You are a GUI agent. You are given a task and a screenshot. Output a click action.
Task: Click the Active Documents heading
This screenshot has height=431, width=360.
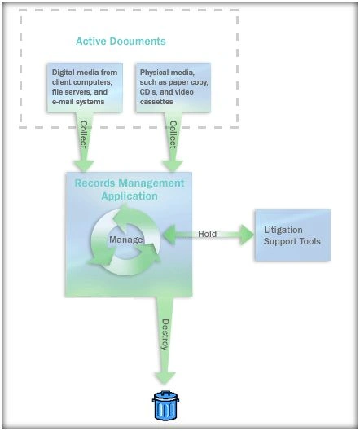(x=121, y=42)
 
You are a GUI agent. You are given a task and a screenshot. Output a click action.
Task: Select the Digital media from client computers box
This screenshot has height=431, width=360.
(x=85, y=87)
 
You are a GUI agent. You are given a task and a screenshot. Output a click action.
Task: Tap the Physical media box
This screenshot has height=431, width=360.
(x=173, y=87)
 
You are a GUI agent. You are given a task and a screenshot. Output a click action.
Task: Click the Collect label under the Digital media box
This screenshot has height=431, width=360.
(x=83, y=134)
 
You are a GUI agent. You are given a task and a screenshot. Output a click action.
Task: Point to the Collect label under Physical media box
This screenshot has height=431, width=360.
(x=173, y=134)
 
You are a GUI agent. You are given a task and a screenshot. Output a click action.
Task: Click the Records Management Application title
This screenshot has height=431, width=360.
(x=130, y=189)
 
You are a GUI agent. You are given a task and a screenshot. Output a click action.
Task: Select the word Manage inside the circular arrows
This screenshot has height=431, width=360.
(x=126, y=240)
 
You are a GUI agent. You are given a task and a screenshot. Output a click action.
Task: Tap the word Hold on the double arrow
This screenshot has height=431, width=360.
(x=207, y=234)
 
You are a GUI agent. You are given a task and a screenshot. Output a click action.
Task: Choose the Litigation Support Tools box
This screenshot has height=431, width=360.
(x=292, y=235)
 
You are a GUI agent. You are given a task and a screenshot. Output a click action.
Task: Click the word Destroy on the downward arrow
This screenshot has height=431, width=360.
(x=165, y=335)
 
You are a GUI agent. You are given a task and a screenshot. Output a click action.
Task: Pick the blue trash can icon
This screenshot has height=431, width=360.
(x=165, y=406)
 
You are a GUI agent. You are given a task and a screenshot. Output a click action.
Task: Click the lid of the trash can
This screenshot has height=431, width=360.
(x=165, y=397)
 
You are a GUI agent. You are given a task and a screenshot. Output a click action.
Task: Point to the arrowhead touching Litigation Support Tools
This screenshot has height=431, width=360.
(x=247, y=235)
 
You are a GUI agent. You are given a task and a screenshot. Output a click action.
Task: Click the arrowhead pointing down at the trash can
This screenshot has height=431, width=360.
(x=165, y=378)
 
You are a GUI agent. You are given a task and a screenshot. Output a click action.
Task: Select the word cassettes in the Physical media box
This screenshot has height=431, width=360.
(x=156, y=102)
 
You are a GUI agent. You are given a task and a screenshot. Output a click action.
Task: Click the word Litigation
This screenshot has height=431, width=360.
(x=283, y=230)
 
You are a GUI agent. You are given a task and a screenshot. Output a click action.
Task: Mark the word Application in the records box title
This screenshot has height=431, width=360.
(x=130, y=196)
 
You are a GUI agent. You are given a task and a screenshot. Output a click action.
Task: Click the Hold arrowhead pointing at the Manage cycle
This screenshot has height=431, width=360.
(x=169, y=234)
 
